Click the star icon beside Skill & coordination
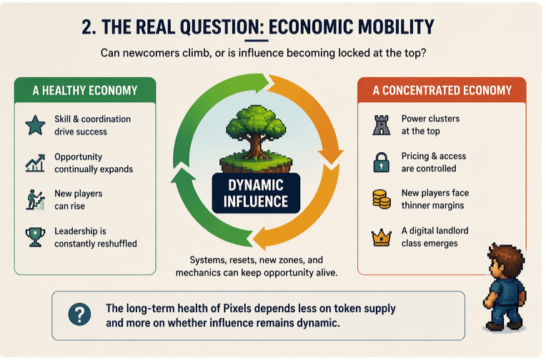click(x=35, y=125)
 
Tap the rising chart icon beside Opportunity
click(x=35, y=163)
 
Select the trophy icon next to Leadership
click(x=35, y=237)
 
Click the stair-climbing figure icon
click(x=35, y=199)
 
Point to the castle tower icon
click(x=382, y=125)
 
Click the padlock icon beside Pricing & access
click(x=382, y=162)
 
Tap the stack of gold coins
click(x=382, y=199)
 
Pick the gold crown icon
click(x=382, y=238)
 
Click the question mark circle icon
click(x=80, y=314)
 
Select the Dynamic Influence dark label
click(x=256, y=194)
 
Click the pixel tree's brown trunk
click(x=255, y=147)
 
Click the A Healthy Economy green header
click(x=85, y=91)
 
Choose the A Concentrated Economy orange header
click(x=442, y=91)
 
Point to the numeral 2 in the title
click(x=86, y=27)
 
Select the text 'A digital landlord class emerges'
click(x=435, y=236)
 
